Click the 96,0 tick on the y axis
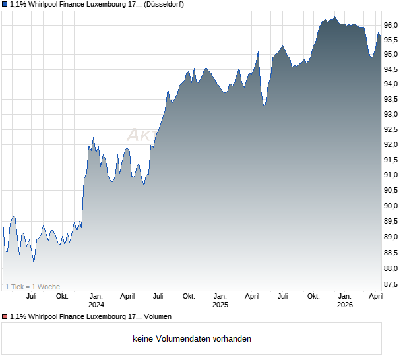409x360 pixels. click(x=392, y=25)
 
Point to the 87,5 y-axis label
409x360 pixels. click(x=392, y=284)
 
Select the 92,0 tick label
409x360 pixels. click(x=392, y=144)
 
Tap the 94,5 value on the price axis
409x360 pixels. click(x=392, y=69)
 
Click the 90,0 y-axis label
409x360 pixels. click(x=392, y=206)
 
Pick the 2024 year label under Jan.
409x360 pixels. click(x=96, y=305)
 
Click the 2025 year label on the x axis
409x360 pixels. click(x=220, y=305)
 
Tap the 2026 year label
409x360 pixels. click(x=344, y=305)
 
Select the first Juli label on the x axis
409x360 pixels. click(x=31, y=296)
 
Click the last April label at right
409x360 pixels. click(x=375, y=296)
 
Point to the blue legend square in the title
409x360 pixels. click(x=4, y=5)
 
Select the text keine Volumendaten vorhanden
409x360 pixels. click(x=192, y=339)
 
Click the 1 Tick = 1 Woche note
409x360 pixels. click(x=33, y=287)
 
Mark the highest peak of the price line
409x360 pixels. click(x=334, y=17)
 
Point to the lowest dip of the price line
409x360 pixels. click(x=34, y=264)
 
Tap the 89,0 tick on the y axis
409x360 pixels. click(x=392, y=237)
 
